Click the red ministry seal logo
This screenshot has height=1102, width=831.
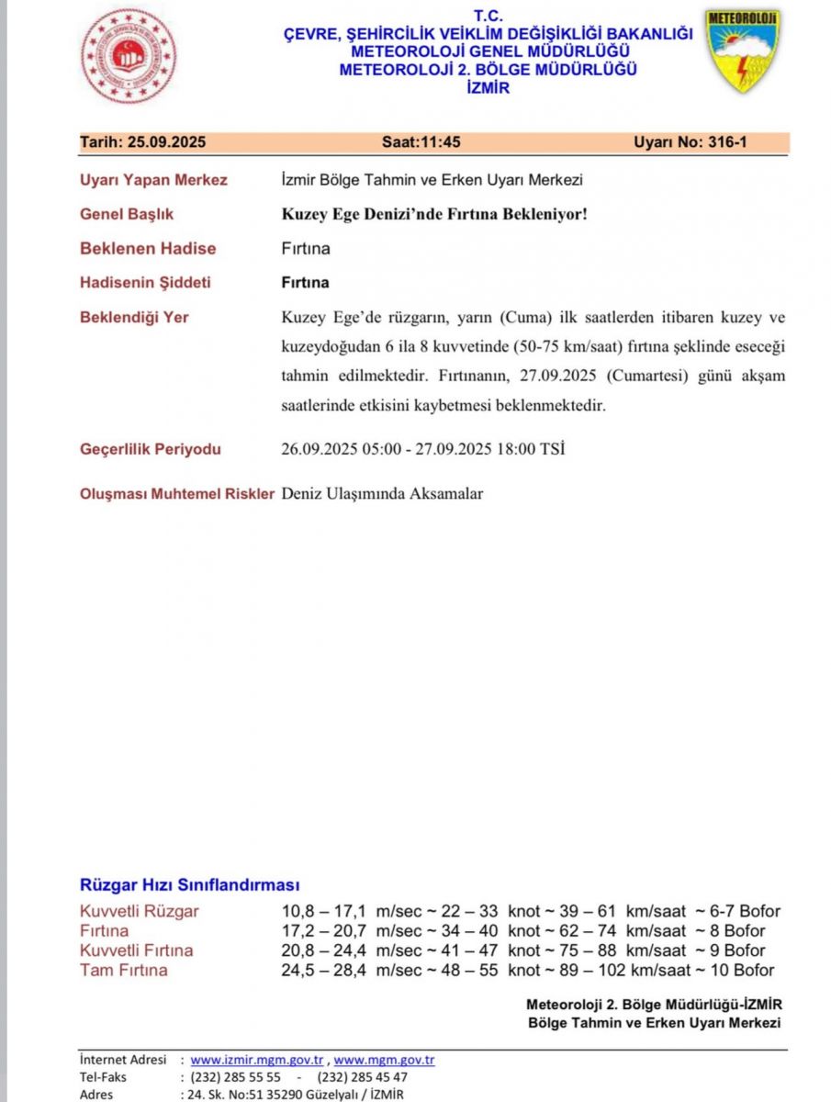[129, 55]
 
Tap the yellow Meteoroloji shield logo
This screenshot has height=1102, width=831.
[742, 51]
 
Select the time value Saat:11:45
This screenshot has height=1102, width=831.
[421, 142]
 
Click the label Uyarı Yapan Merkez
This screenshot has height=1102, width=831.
[153, 180]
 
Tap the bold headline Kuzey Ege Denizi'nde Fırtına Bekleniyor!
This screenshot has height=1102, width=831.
[433, 214]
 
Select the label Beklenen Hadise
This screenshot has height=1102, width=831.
[148, 248]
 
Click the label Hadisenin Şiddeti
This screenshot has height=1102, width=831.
[145, 282]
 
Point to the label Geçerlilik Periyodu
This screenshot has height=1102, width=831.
[151, 449]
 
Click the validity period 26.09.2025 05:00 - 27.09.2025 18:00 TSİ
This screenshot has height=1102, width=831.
[422, 450]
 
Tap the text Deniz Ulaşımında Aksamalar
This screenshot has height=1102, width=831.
[382, 494]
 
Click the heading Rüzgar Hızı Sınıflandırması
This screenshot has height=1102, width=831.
[190, 885]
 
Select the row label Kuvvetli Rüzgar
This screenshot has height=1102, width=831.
[139, 911]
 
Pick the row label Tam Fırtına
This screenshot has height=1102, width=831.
[123, 970]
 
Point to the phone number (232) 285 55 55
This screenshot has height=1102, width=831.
[235, 1077]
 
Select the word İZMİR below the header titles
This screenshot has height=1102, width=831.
[488, 88]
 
